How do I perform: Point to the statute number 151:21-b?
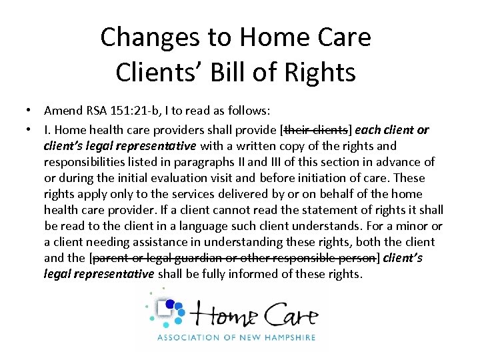(x=137, y=111)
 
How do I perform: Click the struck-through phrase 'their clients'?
(x=318, y=129)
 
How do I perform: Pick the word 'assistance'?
(x=151, y=242)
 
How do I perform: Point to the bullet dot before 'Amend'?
(x=31, y=111)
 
